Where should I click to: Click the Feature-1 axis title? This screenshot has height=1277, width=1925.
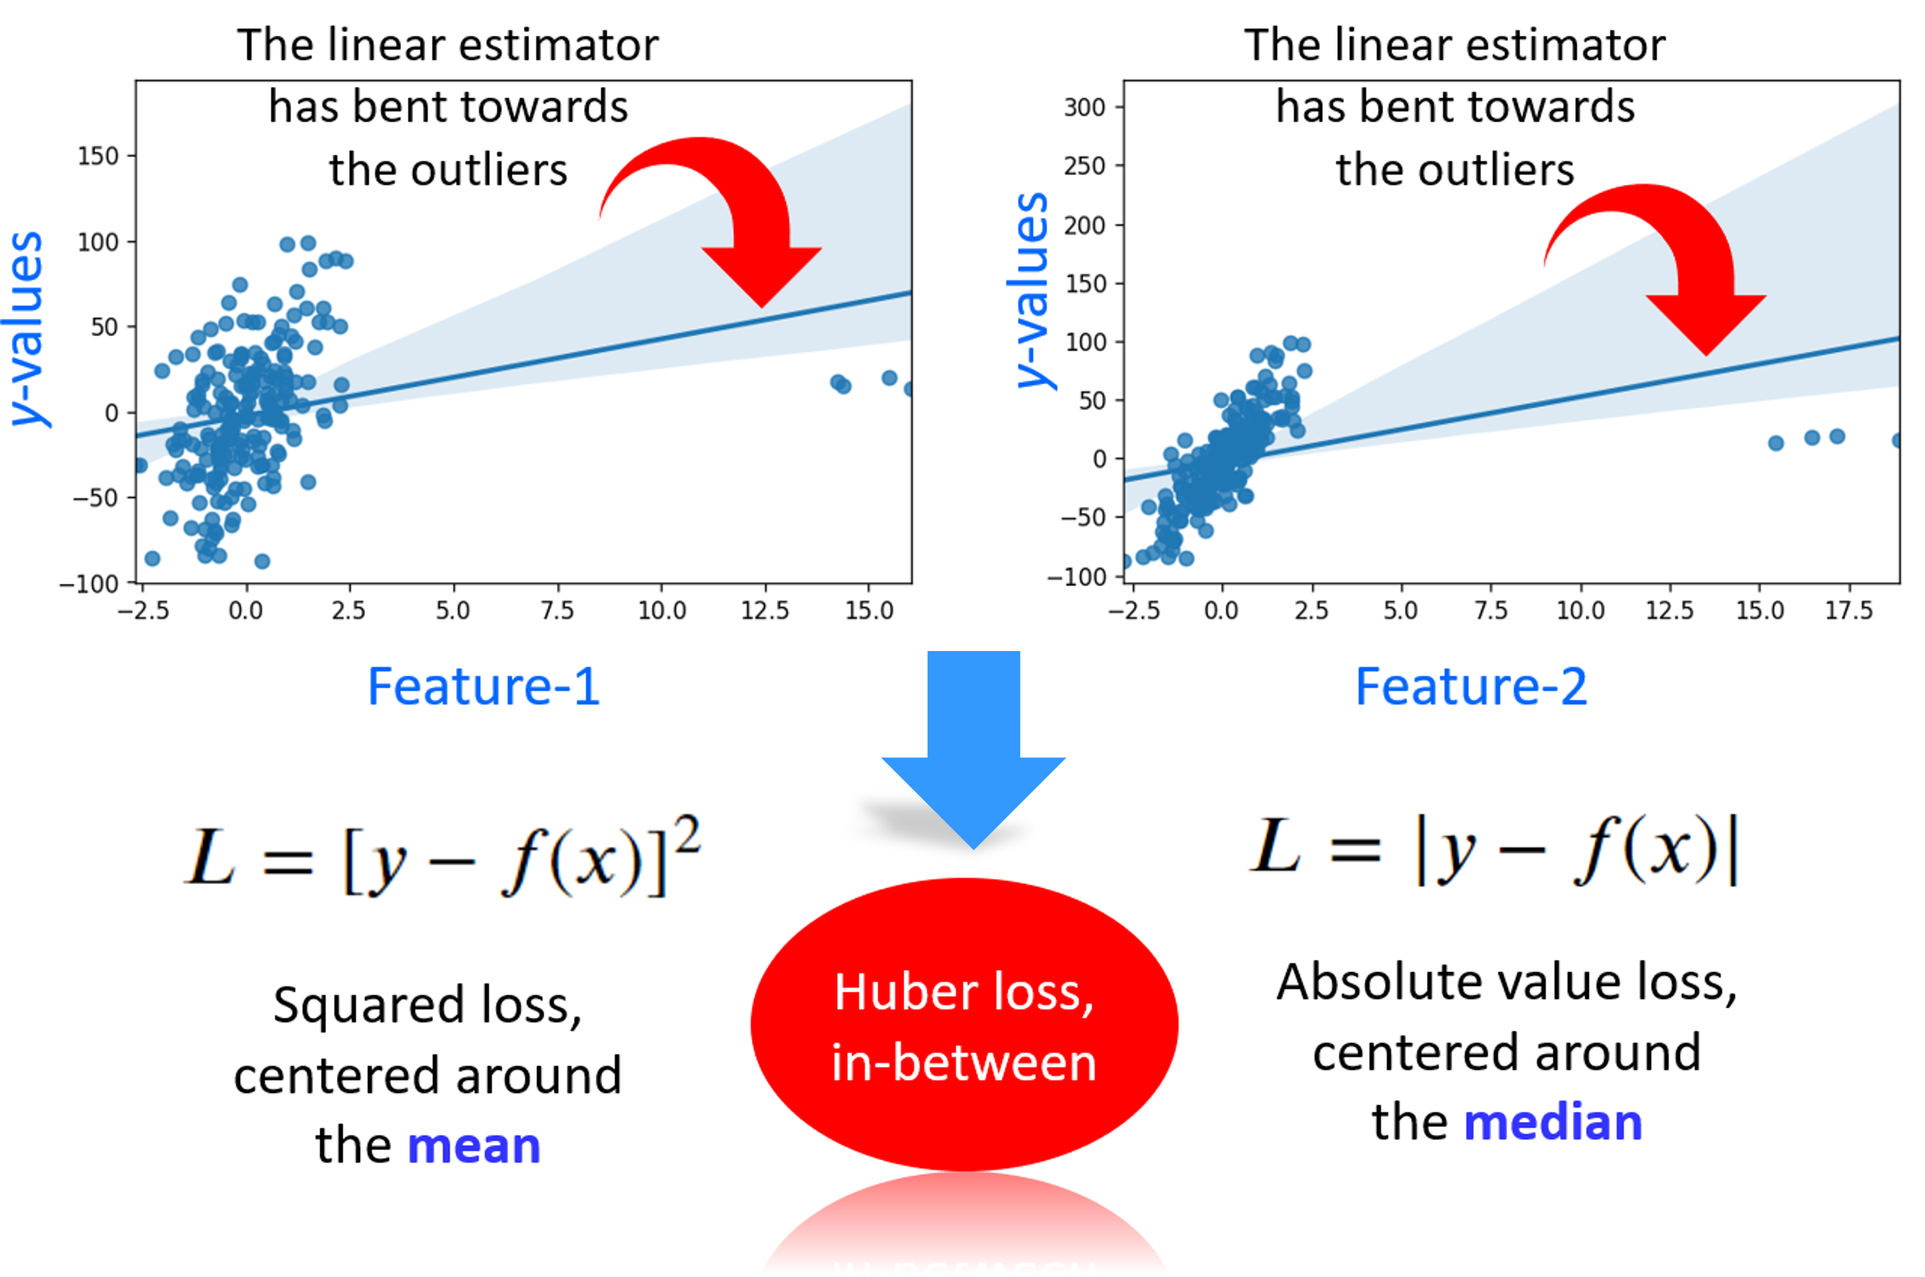(484, 687)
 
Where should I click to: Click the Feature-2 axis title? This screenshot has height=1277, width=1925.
(1471, 687)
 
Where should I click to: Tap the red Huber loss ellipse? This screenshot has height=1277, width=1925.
(964, 1024)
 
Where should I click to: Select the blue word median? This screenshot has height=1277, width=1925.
(1553, 1122)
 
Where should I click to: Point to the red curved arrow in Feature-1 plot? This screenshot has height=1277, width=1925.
(725, 212)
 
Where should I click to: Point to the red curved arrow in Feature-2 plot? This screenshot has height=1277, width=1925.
(1670, 260)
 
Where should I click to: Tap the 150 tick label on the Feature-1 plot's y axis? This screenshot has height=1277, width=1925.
(98, 156)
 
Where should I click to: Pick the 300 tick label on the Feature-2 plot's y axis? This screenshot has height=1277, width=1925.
(1084, 107)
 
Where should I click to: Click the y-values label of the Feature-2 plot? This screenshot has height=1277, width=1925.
(1032, 290)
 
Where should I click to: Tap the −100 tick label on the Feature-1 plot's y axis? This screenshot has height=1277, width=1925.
(89, 584)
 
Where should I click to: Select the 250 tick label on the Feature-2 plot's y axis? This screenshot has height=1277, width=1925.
(1084, 166)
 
